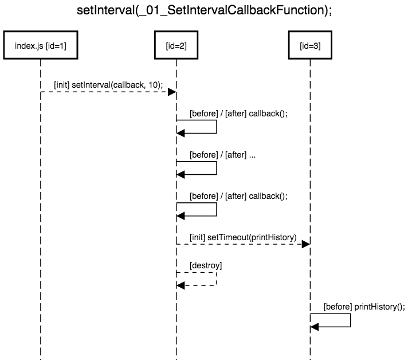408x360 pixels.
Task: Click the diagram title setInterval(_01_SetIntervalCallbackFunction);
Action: click(204, 11)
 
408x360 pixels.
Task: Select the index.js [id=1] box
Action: click(41, 47)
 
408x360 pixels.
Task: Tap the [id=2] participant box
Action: click(176, 47)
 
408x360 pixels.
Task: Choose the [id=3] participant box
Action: click(310, 47)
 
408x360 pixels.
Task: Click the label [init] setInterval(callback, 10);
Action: click(108, 84)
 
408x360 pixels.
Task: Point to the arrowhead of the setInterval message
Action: click(171, 92)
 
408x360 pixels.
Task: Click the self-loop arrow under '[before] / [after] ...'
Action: click(216, 168)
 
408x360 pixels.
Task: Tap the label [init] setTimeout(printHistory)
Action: click(243, 237)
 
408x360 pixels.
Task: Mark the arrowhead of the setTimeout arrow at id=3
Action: click(306, 244)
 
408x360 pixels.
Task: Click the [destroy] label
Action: click(205, 265)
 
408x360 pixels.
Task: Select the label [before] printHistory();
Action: click(364, 307)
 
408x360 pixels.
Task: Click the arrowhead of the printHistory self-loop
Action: click(315, 327)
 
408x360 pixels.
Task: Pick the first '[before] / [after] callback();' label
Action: click(238, 113)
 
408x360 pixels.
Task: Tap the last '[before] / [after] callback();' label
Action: click(238, 195)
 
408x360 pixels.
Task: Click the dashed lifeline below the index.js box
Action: click(41, 229)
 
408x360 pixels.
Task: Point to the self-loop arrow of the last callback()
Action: click(216, 209)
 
